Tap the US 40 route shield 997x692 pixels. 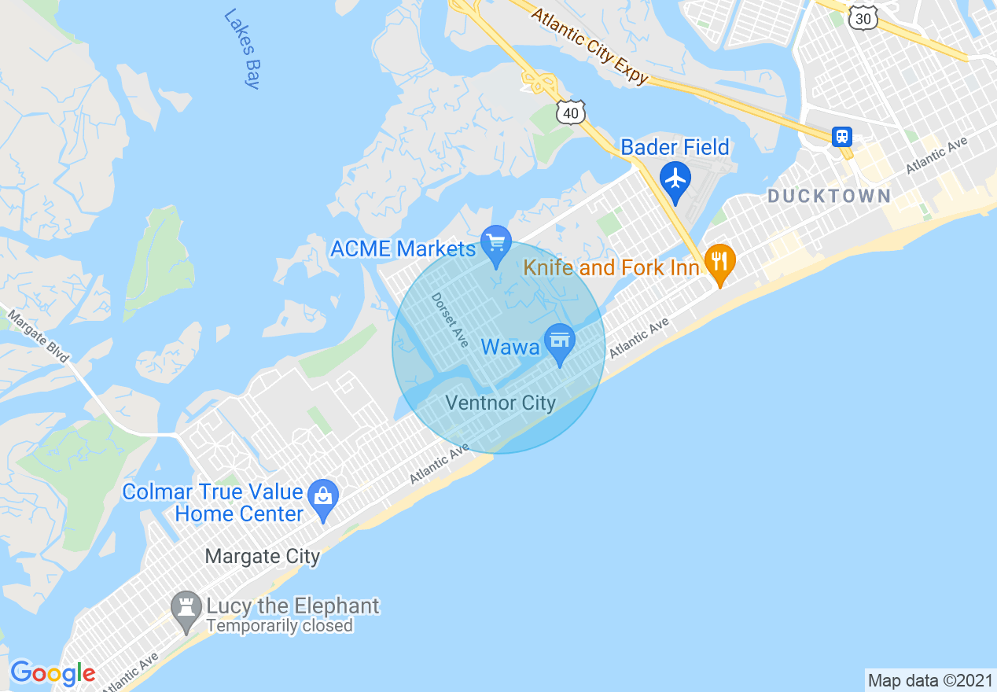click(571, 113)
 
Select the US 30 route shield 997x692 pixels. click(863, 17)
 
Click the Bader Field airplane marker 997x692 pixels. click(675, 179)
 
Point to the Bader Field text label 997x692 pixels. click(675, 147)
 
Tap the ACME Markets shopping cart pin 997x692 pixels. click(496, 242)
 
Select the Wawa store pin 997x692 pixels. click(560, 341)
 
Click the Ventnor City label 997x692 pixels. click(500, 403)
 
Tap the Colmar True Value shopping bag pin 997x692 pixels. click(323, 497)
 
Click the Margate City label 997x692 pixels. click(262, 557)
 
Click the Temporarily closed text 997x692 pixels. click(279, 626)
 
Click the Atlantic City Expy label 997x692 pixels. click(590, 45)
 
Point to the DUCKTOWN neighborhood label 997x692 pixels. click(829, 196)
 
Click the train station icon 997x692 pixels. click(842, 137)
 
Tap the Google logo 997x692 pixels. click(52, 673)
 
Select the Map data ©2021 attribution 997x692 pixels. click(930, 680)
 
